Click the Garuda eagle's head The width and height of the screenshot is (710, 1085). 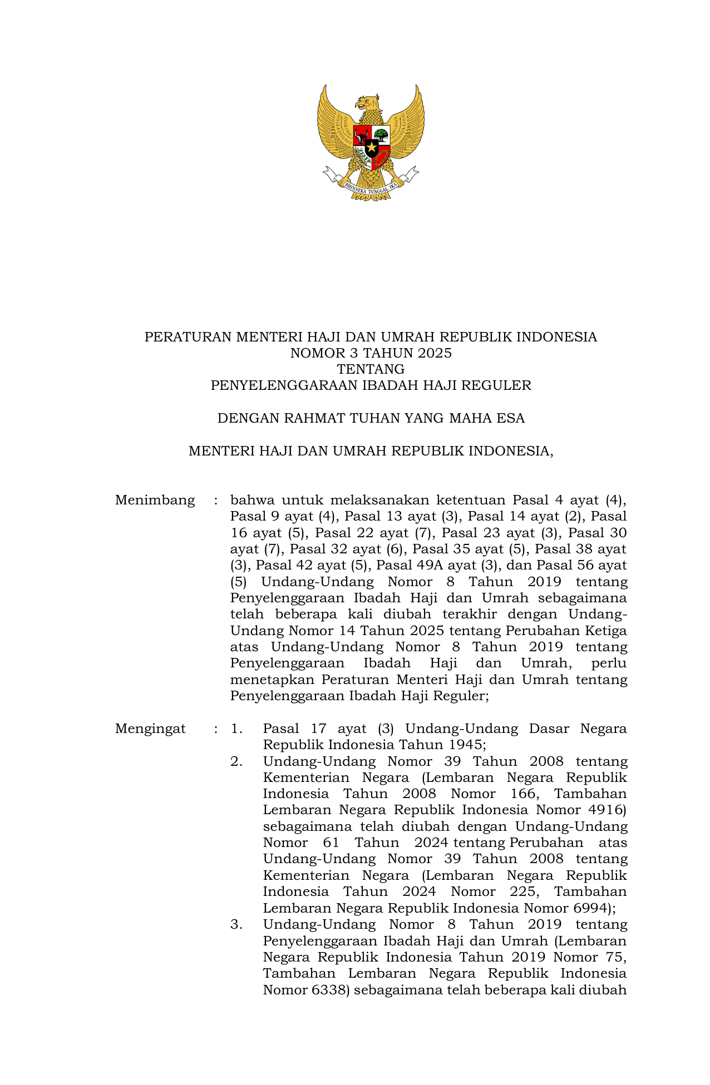tap(367, 103)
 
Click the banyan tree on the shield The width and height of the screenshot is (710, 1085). tap(381, 134)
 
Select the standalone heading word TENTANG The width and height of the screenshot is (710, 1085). tap(371, 369)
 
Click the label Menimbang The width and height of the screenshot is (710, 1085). tap(155, 501)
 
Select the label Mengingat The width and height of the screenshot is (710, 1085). tap(150, 729)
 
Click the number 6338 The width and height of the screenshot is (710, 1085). tap(331, 990)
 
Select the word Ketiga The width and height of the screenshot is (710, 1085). tap(606, 631)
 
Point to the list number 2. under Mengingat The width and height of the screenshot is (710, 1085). tap(236, 762)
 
